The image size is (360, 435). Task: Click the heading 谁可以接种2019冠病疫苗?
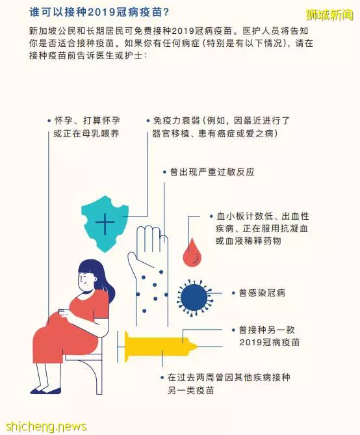[x=99, y=12]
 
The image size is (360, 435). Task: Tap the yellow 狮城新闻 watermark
[x=329, y=15]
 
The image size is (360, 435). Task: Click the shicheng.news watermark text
[x=46, y=426]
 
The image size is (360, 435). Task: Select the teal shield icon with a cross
[x=105, y=224]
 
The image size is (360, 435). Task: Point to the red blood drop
[x=192, y=252]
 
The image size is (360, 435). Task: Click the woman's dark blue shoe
[x=45, y=391]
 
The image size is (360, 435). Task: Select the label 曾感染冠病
[x=262, y=293]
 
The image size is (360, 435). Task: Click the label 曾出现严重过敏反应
[x=212, y=172]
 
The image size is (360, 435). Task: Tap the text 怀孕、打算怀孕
[x=87, y=121]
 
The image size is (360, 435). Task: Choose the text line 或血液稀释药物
[x=248, y=241]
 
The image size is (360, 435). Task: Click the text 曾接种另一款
[x=267, y=330]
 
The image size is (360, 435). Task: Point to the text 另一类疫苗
[x=191, y=390]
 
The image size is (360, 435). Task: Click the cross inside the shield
[x=105, y=222]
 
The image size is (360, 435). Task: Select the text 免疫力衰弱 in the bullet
[x=176, y=121]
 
